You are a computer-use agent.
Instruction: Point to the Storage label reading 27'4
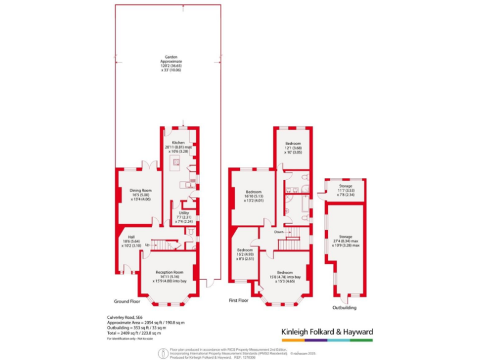346,239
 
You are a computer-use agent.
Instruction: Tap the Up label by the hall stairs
147,245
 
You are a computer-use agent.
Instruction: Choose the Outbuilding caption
345,307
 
